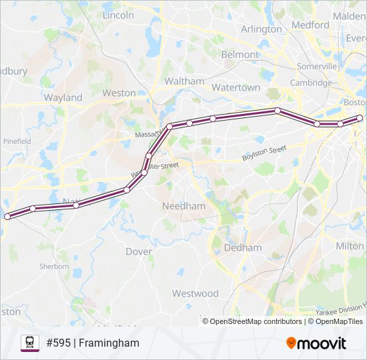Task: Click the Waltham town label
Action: click(184, 81)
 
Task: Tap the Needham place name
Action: click(184, 206)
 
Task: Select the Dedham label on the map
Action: click(243, 247)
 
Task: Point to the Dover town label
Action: click(139, 251)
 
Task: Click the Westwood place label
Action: click(195, 293)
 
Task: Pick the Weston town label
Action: click(119, 93)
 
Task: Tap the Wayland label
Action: click(63, 97)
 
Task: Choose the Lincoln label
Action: click(119, 15)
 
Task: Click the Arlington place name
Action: click(262, 29)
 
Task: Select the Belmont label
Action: click(240, 55)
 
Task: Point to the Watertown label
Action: click(236, 87)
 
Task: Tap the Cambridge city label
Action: click(310, 83)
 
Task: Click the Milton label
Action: click(350, 246)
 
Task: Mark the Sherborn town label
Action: click(53, 267)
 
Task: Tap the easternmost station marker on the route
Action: click(360, 118)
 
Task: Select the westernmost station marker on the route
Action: click(7, 217)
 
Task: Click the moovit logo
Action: click(316, 343)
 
